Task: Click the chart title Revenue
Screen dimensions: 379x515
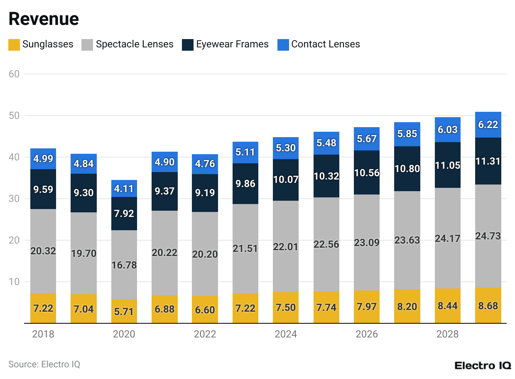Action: click(44, 19)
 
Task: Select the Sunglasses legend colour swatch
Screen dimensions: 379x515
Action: click(14, 44)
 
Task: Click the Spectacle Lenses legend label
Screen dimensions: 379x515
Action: click(135, 44)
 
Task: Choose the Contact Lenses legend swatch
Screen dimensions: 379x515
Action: click(283, 44)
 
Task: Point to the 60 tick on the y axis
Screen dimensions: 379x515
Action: click(14, 74)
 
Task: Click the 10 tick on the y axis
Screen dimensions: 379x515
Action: click(14, 282)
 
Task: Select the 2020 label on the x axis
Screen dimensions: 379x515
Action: click(124, 334)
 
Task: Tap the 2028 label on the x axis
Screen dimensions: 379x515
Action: click(447, 334)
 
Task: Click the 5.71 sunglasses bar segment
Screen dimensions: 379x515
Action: click(124, 311)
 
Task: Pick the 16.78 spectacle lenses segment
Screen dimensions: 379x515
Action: click(124, 265)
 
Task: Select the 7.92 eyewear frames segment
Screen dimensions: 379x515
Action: click(124, 214)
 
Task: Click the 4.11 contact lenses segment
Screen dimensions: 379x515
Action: click(124, 189)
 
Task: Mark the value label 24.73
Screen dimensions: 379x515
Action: click(488, 236)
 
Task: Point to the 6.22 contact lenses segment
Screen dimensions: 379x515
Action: click(488, 125)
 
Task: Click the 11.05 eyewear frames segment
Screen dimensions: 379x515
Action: click(447, 165)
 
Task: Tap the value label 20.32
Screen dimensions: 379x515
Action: click(43, 251)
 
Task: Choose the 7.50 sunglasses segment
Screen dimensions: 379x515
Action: click(285, 308)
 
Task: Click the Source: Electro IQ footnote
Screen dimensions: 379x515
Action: click(44, 364)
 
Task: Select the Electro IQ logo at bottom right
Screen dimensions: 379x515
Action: click(483, 365)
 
